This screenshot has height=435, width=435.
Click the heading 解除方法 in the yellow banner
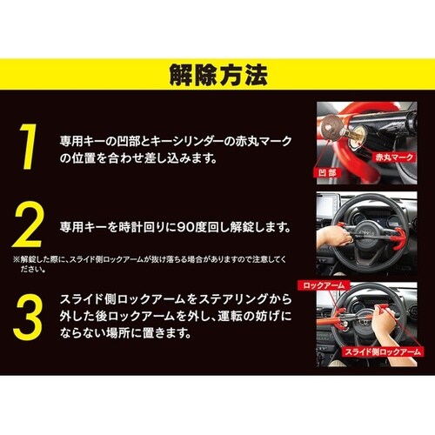click(217, 75)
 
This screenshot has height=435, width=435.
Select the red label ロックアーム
click(324, 284)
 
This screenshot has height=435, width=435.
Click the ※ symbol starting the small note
click(16, 258)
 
